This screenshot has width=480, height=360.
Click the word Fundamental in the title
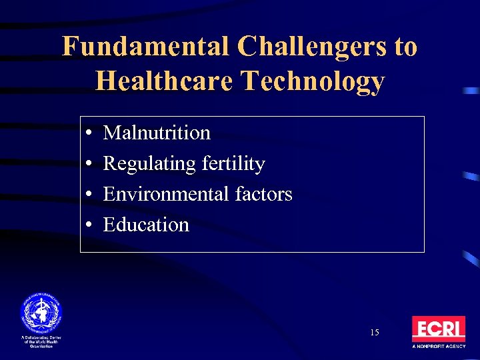point(145,47)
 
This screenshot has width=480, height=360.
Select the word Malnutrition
point(157,133)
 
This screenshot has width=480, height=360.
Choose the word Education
point(146,225)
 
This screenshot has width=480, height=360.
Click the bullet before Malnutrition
point(89,133)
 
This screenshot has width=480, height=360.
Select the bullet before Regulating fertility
point(89,164)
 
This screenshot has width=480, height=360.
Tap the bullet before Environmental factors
point(89,195)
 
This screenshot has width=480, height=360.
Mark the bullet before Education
point(89,225)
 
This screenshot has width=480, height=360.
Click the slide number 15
point(374,332)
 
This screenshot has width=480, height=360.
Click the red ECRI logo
point(438,329)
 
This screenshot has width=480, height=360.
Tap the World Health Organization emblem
point(40,313)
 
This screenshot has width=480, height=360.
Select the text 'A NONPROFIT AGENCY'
point(438,347)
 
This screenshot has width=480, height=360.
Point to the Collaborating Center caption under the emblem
point(40,342)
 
